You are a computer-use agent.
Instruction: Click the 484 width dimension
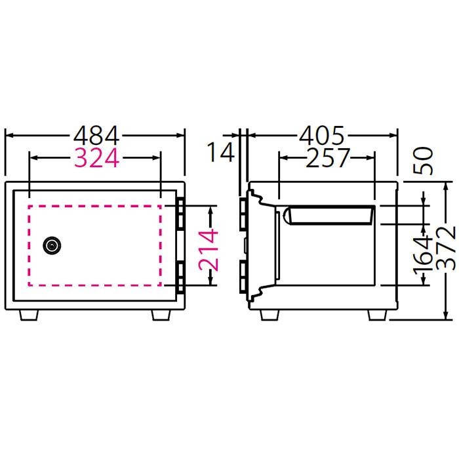96,136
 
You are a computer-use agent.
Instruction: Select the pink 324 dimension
96,158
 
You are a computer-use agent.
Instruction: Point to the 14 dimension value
221,153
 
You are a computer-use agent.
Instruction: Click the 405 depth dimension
321,136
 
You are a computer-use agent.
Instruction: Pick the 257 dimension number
327,158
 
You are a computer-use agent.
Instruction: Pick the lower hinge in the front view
180,277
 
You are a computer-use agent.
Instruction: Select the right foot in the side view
376,314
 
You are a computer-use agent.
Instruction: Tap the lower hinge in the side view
244,277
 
